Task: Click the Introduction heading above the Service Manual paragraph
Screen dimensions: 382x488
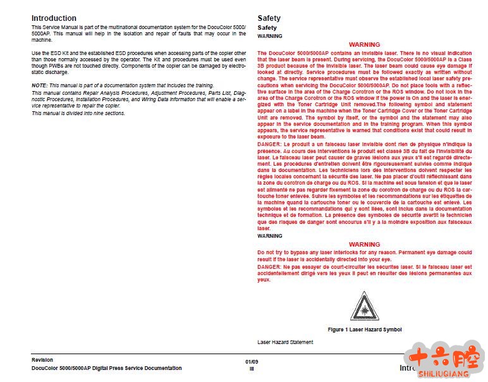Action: (x=54, y=18)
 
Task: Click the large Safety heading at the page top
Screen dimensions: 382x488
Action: (x=269, y=18)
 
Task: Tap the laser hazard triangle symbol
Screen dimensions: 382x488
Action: (x=365, y=307)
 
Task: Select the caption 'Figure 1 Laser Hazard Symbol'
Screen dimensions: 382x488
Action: (x=365, y=330)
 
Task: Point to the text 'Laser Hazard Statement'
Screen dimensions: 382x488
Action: (x=285, y=342)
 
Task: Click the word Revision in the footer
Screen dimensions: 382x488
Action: (x=42, y=360)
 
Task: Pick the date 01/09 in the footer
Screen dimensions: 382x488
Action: (x=252, y=362)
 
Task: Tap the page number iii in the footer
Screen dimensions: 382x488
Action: (x=252, y=369)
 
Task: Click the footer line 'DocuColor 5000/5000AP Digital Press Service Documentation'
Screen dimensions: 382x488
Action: (x=106, y=368)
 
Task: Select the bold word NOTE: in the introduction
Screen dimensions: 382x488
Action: (x=39, y=85)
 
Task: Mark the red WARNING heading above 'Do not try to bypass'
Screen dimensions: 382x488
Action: (x=365, y=245)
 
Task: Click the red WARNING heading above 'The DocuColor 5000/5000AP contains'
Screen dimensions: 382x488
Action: (x=365, y=45)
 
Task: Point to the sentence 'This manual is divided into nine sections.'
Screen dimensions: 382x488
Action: (x=78, y=113)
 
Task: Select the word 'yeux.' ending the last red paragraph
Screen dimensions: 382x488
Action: (x=264, y=280)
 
